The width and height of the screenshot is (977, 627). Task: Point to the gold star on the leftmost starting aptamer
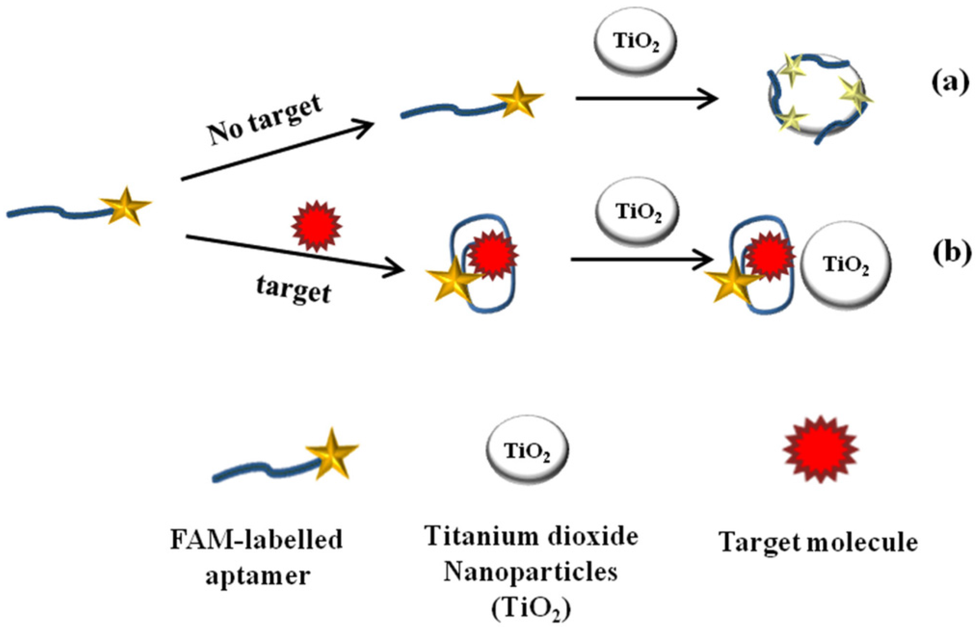click(125, 206)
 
